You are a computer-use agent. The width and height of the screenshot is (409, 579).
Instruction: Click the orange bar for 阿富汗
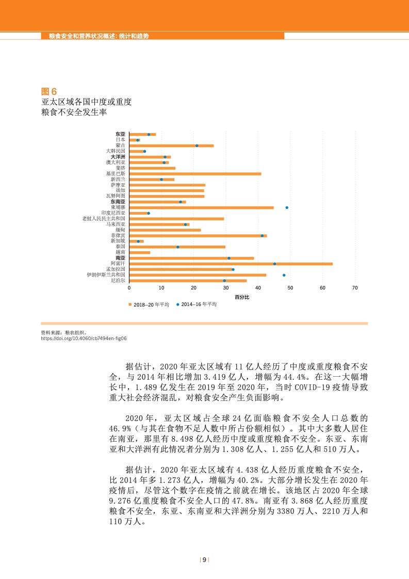(x=231, y=264)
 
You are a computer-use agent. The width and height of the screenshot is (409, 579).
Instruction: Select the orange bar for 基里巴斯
(x=195, y=174)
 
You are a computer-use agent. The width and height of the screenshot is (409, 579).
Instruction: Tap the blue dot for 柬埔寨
(x=287, y=207)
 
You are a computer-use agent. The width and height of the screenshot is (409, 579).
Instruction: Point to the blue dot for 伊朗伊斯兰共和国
(x=284, y=275)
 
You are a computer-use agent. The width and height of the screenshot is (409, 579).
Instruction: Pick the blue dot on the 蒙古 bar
(x=197, y=146)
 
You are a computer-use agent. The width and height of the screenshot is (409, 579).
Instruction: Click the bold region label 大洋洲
(x=118, y=157)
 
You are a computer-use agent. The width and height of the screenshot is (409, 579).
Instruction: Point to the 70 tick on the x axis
(x=355, y=288)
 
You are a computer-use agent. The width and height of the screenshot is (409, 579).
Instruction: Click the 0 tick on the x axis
(x=129, y=288)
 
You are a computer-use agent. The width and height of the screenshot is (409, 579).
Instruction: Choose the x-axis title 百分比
(x=242, y=297)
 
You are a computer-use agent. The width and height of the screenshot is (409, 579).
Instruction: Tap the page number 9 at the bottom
(x=204, y=560)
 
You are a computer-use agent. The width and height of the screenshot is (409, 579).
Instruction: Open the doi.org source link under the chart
(x=84, y=339)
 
